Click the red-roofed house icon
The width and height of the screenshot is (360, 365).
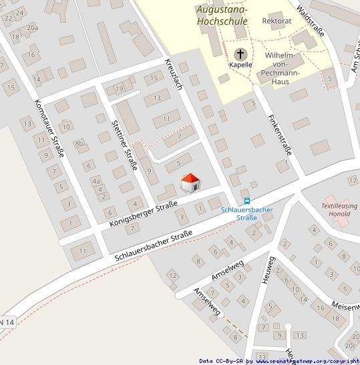click(190, 182)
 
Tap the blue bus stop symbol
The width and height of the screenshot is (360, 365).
click(248, 201)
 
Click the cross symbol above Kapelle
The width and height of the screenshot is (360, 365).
click(240, 53)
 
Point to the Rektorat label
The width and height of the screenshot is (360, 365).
click(277, 21)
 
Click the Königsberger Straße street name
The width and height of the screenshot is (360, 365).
click(142, 213)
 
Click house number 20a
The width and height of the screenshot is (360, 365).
click(32, 27)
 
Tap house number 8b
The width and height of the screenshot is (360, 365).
click(80, 143)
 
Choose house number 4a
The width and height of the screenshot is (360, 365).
click(96, 181)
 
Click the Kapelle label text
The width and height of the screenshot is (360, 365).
click(240, 65)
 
